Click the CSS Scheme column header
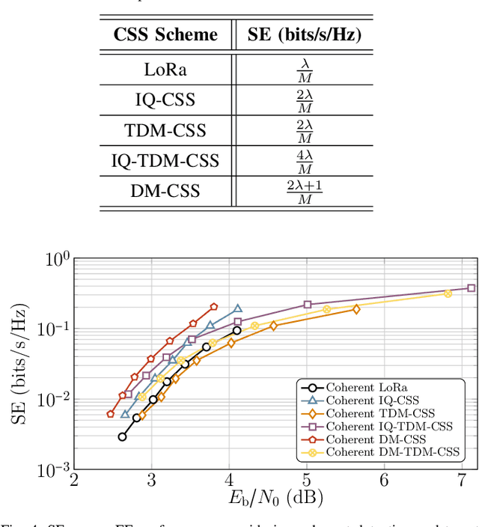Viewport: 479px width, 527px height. coord(165,34)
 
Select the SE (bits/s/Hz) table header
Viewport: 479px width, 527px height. coord(305,34)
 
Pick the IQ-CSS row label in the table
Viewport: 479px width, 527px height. coord(165,100)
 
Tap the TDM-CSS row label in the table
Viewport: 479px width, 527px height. coord(165,130)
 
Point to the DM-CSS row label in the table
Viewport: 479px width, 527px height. coord(165,190)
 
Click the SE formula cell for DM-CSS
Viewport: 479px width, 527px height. coord(305,191)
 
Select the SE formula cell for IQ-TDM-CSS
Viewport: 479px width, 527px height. coord(305,160)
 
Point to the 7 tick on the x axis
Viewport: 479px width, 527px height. coord(462,480)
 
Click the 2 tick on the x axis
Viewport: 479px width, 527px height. coord(73,480)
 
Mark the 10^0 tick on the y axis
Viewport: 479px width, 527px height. coord(58,259)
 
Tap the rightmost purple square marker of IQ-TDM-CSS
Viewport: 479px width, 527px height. coord(472,287)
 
